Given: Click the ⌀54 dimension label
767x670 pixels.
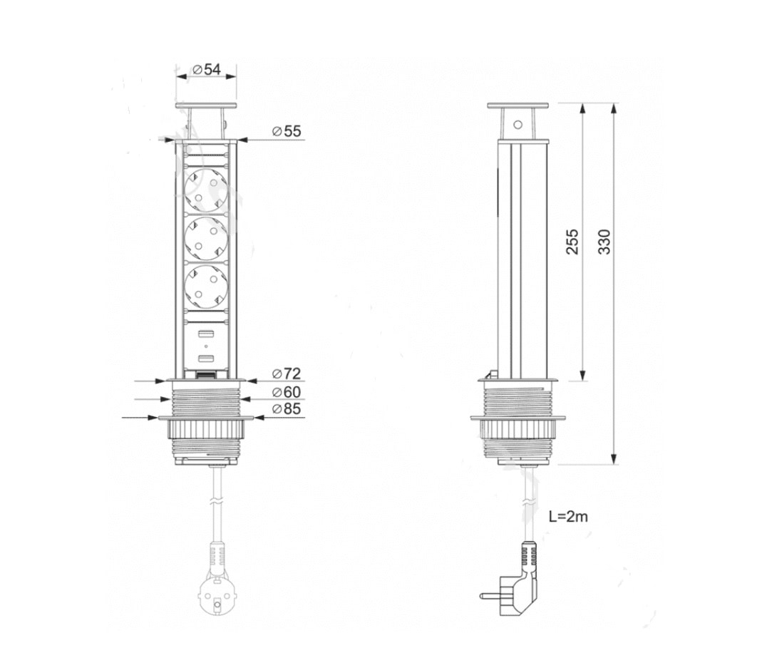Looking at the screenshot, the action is click(207, 70).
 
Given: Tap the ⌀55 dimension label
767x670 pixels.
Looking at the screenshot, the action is click(287, 131).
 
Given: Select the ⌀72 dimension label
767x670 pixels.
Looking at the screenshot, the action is click(287, 373).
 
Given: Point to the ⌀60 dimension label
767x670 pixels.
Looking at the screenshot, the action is click(287, 392).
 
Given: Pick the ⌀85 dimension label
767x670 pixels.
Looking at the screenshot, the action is click(287, 408).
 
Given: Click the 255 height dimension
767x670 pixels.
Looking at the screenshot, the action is click(572, 242).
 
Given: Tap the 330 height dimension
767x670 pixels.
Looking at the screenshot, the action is click(605, 242).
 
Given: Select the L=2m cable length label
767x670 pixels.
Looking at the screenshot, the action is click(568, 517).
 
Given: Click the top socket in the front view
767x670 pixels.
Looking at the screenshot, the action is click(207, 190).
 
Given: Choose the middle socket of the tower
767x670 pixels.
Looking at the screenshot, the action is click(207, 239).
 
